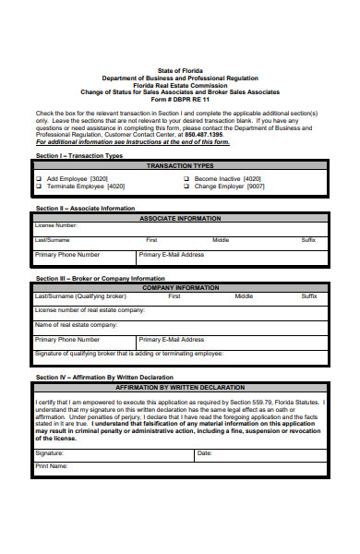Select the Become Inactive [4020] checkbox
click(x=186, y=178)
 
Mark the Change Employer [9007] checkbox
click(x=186, y=187)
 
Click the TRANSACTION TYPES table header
click(x=180, y=165)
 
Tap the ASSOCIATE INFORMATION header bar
click(x=180, y=218)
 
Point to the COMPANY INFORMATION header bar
click(x=180, y=287)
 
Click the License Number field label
click(x=56, y=225)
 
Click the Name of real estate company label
click(x=76, y=325)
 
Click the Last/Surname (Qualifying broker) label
click(x=80, y=296)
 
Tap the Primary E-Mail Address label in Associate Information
click(x=172, y=254)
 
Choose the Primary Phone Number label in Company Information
click(x=67, y=339)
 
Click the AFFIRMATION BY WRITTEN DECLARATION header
click(x=180, y=389)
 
